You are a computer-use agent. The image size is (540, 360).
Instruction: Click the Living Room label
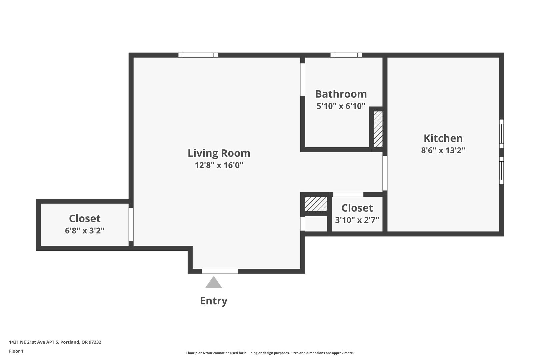219,153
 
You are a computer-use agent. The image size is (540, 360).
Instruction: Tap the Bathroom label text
341,94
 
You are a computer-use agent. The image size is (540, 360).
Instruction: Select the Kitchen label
443,138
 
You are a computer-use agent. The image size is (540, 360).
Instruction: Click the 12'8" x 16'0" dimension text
219,165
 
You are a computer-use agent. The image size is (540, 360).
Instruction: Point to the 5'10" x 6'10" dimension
341,106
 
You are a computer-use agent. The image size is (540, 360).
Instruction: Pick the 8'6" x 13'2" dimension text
443,150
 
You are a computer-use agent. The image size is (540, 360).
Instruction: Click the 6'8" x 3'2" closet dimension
85,231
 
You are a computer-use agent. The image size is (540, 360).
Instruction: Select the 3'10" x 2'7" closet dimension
357,220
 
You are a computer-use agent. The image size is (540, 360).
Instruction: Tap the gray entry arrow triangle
214,282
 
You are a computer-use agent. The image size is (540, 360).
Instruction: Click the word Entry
214,301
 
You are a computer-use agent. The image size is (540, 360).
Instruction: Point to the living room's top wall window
198,55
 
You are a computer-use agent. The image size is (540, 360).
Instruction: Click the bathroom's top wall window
346,55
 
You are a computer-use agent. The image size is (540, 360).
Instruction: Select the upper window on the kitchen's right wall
501,133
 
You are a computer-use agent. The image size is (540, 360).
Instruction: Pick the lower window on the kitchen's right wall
501,170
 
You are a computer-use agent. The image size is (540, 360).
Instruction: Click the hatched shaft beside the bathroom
378,129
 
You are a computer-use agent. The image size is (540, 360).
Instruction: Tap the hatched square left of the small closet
316,204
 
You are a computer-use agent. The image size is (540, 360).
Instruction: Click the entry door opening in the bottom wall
220,271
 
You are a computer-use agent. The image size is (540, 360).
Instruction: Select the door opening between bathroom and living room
303,80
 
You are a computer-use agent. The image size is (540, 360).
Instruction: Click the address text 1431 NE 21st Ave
34,342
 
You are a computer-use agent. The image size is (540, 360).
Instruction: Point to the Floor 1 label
16,351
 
